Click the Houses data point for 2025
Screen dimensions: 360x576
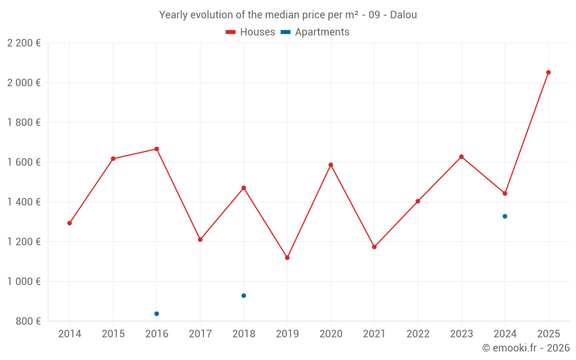548,73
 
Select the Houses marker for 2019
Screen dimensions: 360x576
287,257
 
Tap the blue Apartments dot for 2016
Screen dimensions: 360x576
157,314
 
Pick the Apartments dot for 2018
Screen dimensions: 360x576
244,295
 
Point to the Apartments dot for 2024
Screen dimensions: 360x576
505,217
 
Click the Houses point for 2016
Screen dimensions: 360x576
157,149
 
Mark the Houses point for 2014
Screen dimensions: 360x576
70,223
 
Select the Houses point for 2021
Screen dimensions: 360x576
374,247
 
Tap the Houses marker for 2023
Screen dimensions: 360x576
461,157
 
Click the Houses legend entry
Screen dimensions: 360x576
251,32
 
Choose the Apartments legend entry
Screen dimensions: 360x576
315,32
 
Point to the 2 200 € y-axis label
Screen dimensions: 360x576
24,43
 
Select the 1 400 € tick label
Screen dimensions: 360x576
24,202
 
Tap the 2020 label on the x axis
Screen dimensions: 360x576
331,334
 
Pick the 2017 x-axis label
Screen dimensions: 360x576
200,334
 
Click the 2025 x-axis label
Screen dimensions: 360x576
548,334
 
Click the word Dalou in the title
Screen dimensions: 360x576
403,15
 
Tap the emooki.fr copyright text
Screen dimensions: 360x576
526,348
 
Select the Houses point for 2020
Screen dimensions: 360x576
331,165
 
